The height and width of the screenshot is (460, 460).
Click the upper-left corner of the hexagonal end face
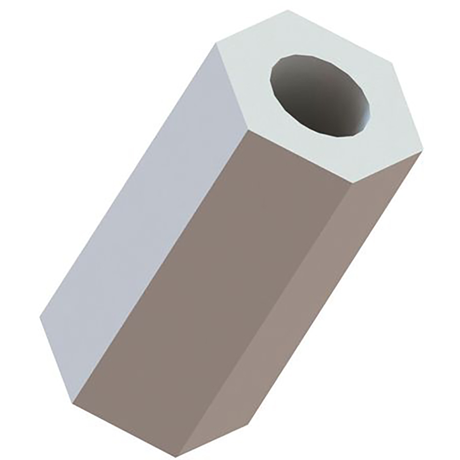coord(216,44)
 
